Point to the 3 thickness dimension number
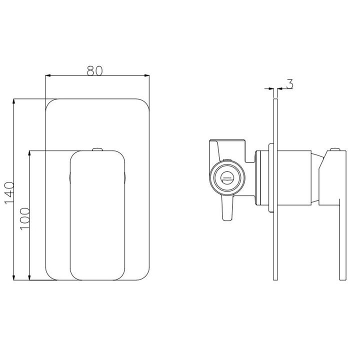point(289,83)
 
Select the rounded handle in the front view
point(96,215)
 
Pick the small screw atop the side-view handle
point(335,148)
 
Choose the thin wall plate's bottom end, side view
point(275,277)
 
